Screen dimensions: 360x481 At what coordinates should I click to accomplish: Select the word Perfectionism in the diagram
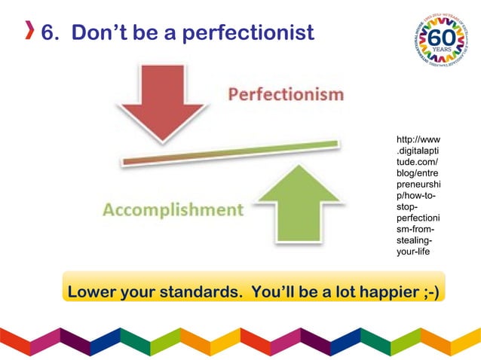(x=286, y=96)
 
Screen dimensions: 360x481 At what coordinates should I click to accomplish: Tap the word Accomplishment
(x=173, y=209)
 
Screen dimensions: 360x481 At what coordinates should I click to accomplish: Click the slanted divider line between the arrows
(x=230, y=153)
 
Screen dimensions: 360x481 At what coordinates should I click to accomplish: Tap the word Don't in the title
(x=100, y=34)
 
